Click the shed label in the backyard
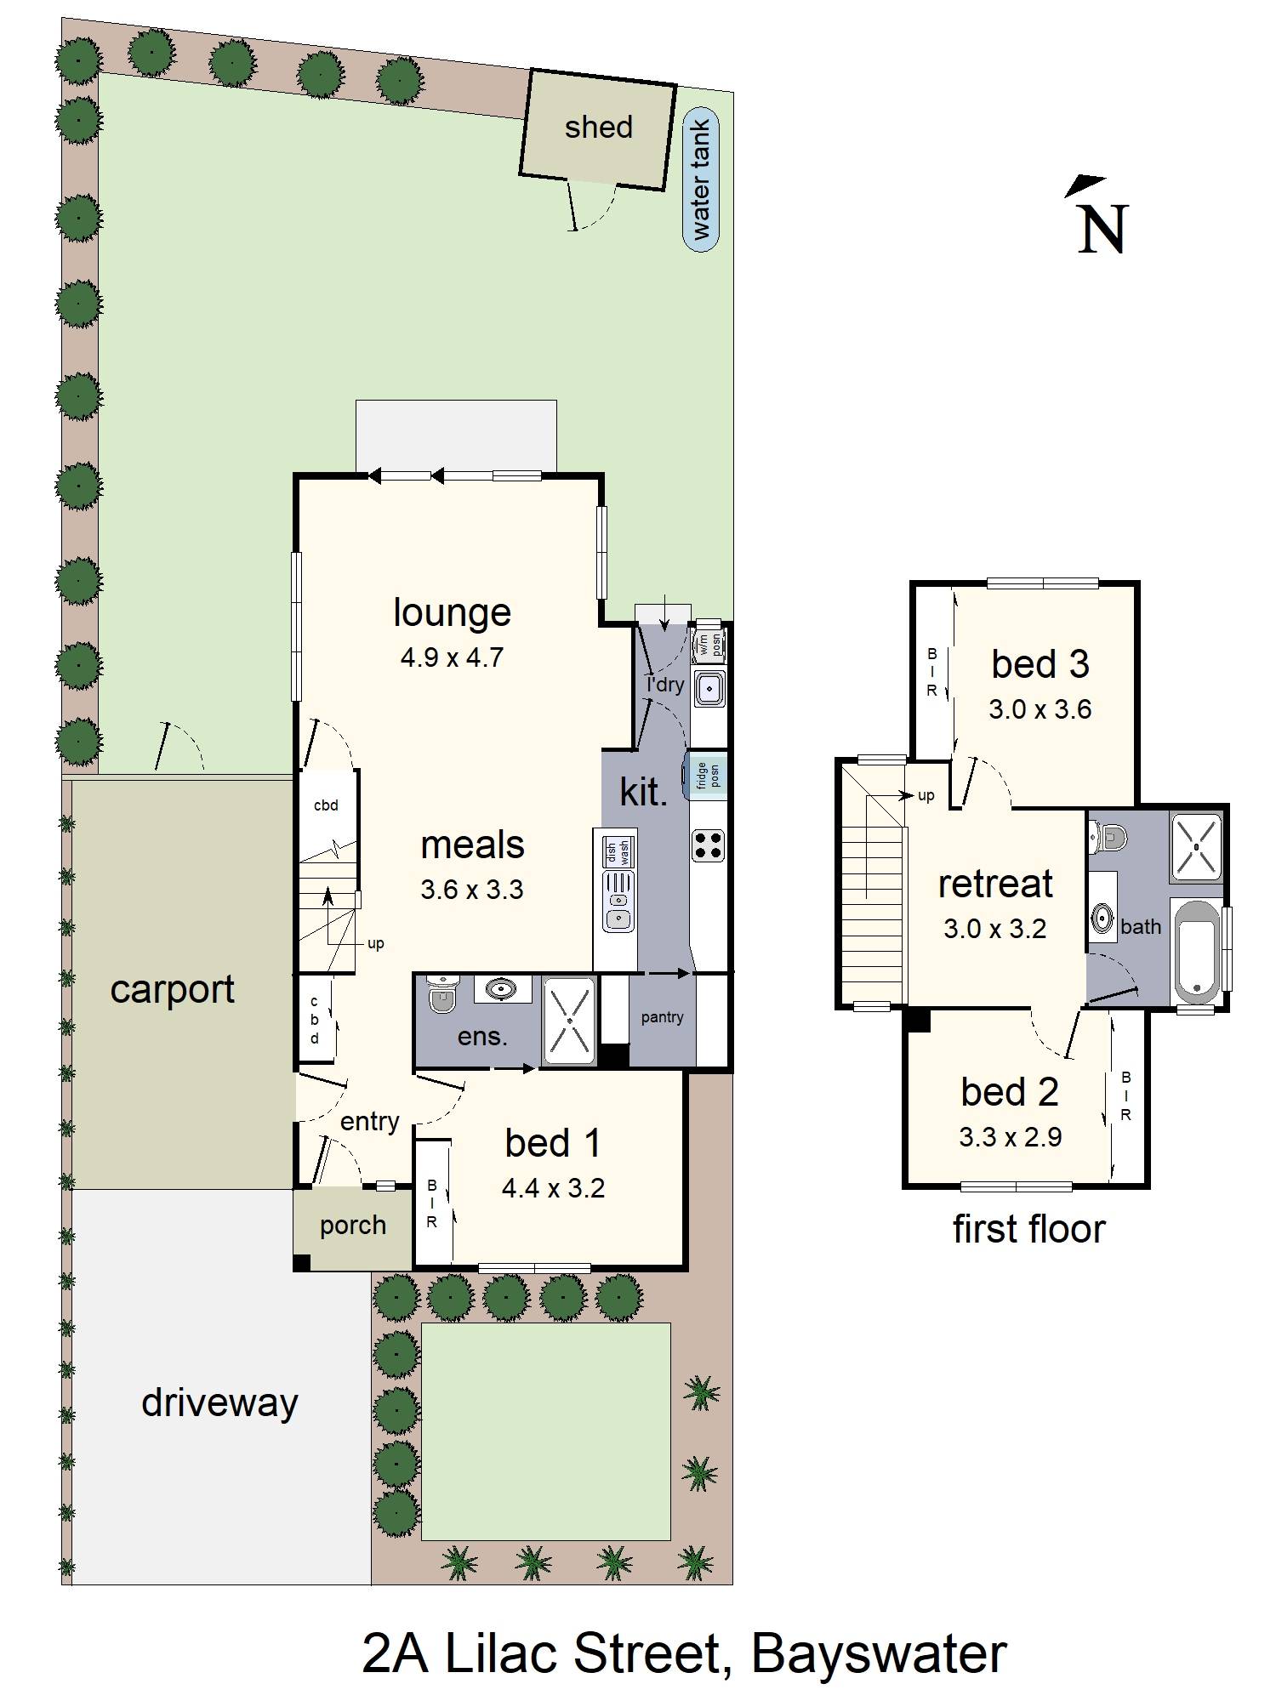[x=598, y=128]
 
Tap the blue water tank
[x=701, y=180]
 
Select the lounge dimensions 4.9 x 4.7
[x=452, y=657]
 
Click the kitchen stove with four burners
[x=708, y=845]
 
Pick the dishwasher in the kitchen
[x=618, y=850]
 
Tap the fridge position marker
[x=708, y=775]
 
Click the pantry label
[x=662, y=1017]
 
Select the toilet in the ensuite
[x=441, y=994]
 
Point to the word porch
[x=352, y=1226]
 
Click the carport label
[x=172, y=990]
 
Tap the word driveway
[x=219, y=1402]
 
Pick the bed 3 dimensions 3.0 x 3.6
[x=1040, y=709]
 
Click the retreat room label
[x=995, y=884]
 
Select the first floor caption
[x=1028, y=1229]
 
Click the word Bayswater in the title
[x=879, y=1653]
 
